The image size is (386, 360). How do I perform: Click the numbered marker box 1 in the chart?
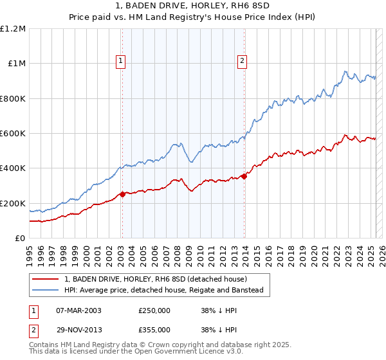coord(121,62)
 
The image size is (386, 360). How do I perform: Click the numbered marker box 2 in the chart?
coord(242,62)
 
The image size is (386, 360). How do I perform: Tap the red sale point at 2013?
coord(244,176)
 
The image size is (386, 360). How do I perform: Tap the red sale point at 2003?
coord(122,194)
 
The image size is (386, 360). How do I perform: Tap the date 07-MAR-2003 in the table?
coord(79,310)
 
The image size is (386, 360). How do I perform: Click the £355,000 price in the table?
coord(154,330)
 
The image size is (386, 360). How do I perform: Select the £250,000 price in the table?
coord(154,310)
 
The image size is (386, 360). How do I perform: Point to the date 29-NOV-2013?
coord(79,330)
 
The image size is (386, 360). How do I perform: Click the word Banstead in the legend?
coord(253,291)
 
